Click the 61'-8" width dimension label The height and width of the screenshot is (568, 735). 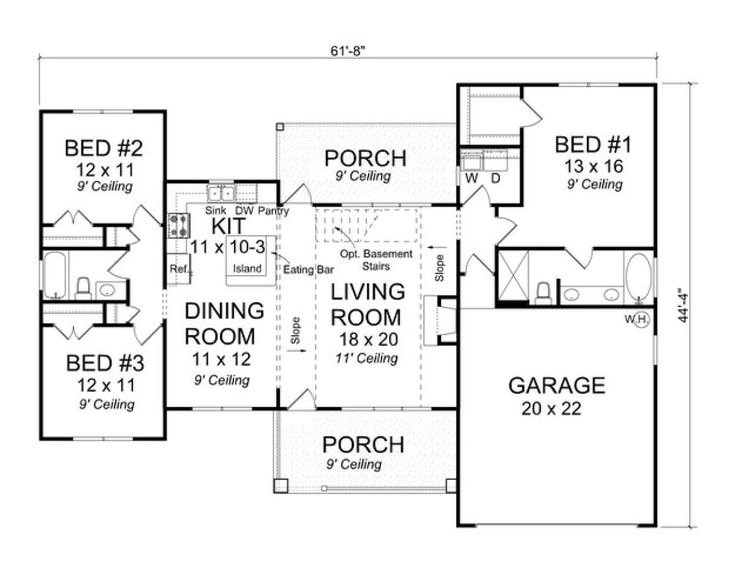(348, 51)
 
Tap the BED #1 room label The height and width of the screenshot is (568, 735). (593, 145)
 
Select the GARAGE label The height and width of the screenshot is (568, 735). (557, 385)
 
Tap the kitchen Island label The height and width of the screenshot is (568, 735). (247, 268)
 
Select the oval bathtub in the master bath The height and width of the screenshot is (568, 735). (639, 276)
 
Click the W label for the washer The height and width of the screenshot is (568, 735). (472, 178)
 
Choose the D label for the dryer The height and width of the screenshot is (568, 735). (496, 178)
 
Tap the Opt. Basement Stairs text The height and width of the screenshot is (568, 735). (376, 260)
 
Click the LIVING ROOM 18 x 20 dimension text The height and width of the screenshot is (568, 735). (369, 339)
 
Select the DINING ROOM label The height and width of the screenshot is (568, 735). (224, 324)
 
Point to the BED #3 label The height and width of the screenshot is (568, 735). (105, 363)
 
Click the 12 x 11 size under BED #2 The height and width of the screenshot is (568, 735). (105, 170)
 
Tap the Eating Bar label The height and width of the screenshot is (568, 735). (309, 270)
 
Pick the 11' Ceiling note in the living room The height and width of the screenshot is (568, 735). (367, 358)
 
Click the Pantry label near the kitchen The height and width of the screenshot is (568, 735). (273, 211)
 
